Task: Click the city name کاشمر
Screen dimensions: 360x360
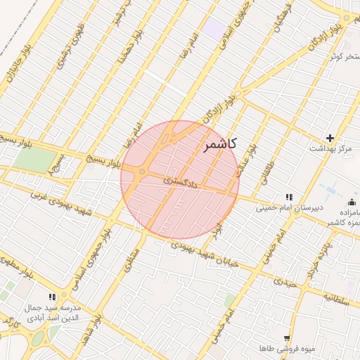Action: point(221,144)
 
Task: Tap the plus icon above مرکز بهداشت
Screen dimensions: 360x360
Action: point(330,138)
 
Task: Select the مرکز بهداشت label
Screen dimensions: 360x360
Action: point(330,150)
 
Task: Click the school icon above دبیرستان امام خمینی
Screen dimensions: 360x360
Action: point(288,196)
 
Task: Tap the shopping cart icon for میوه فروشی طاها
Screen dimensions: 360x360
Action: point(286,338)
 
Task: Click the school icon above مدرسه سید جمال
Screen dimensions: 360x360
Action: point(51,297)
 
